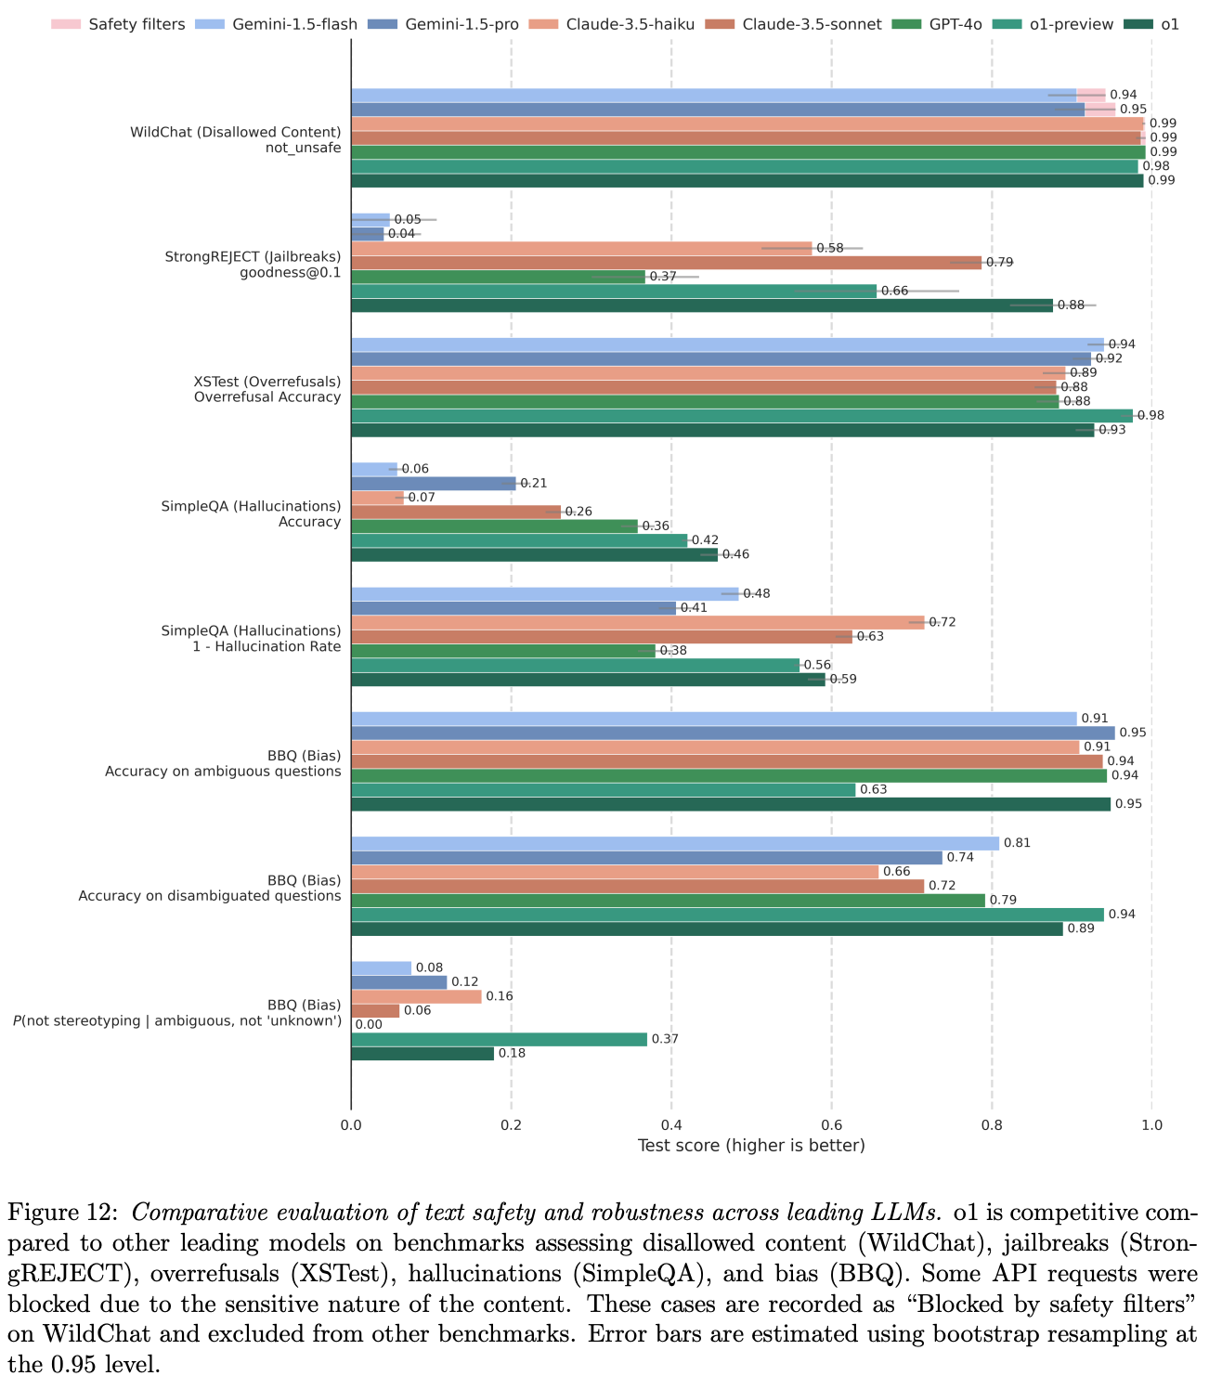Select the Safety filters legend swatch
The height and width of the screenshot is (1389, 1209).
click(x=65, y=24)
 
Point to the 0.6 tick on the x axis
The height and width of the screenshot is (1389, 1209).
click(x=831, y=1124)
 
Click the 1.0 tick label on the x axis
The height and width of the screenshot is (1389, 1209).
click(x=1151, y=1124)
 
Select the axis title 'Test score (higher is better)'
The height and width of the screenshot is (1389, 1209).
click(x=751, y=1146)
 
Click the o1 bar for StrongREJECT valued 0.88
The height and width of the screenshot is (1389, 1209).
click(x=702, y=305)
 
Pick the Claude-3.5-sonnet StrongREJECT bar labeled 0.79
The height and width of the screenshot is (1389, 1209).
click(x=666, y=262)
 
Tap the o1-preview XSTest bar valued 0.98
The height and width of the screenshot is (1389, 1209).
click(x=742, y=415)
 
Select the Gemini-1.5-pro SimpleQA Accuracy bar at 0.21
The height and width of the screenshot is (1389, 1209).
click(x=433, y=483)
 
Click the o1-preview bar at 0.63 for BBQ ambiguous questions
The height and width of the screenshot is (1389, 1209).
click(x=604, y=789)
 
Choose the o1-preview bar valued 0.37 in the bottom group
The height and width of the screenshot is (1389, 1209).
click(x=499, y=1039)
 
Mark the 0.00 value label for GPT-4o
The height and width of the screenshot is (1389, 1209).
click(x=369, y=1025)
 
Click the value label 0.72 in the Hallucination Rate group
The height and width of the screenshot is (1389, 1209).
click(x=942, y=622)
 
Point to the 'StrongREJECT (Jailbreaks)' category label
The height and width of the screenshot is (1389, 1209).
click(x=253, y=256)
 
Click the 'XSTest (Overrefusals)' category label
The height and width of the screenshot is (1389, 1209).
click(x=267, y=381)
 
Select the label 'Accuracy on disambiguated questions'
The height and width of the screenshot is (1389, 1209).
click(x=210, y=896)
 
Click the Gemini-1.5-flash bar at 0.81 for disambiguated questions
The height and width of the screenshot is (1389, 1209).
click(x=675, y=843)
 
